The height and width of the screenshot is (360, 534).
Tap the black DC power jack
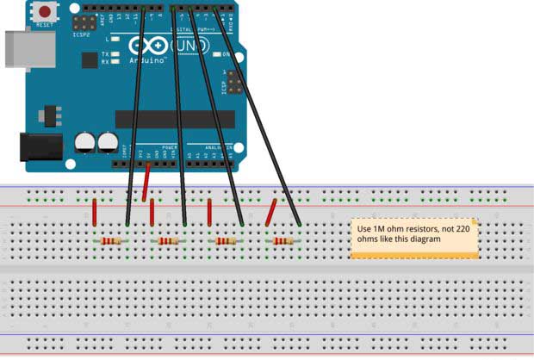point(40,146)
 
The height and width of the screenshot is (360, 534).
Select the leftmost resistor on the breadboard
point(111,242)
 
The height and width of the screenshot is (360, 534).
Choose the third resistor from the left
point(226,242)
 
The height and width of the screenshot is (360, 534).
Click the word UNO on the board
point(191,44)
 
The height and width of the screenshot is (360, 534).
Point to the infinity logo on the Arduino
point(146,45)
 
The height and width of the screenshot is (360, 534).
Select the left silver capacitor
point(84,142)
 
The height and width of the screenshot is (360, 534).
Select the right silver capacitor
point(108,142)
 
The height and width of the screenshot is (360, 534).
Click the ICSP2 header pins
point(84,22)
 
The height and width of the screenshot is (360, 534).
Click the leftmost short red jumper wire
point(94,212)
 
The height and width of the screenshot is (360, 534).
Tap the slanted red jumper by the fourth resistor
point(271,213)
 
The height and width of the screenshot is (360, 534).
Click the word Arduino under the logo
point(147,61)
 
